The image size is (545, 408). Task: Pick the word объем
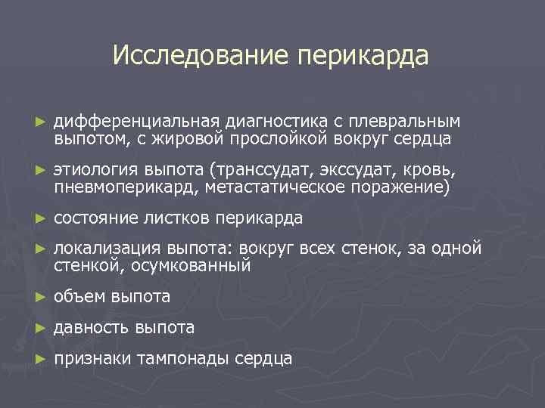pos(79,297)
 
